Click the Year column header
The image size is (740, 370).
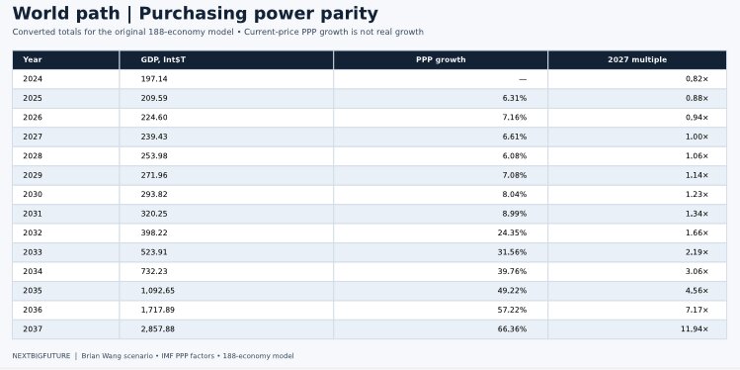[x=32, y=59]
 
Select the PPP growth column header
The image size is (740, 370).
[x=441, y=59]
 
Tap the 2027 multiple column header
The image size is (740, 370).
[x=637, y=59]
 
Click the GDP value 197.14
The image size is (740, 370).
[x=154, y=79]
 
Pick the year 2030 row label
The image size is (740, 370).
[x=32, y=194]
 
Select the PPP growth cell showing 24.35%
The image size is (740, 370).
[x=512, y=232]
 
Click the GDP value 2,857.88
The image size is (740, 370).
[x=158, y=328]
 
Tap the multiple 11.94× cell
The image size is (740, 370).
[x=695, y=328]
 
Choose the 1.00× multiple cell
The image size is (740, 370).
[x=698, y=137]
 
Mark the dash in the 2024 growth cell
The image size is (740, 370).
[x=523, y=79]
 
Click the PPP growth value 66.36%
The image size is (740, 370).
[x=512, y=328]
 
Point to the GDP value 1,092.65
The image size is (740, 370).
[x=158, y=291]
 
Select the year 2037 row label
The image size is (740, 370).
[x=32, y=328]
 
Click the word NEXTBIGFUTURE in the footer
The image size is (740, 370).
[x=41, y=356]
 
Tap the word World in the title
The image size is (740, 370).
[x=41, y=14]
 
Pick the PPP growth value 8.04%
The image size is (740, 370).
[x=515, y=194]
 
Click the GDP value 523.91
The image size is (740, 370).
[x=154, y=252]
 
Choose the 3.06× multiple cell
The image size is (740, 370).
[x=698, y=271]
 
